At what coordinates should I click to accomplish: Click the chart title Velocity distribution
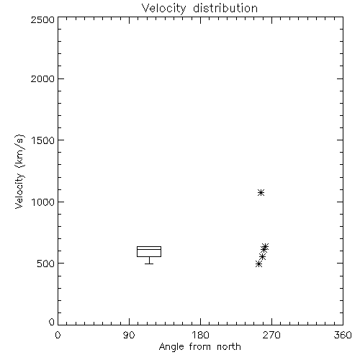(199, 9)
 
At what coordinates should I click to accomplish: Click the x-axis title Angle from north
(199, 347)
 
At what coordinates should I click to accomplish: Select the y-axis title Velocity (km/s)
(19, 171)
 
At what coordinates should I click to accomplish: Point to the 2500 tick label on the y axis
(42, 19)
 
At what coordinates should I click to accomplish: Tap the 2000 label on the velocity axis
(42, 78)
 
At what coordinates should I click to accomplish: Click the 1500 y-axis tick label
(43, 140)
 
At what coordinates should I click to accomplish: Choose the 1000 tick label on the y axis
(43, 202)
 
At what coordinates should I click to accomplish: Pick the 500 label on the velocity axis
(46, 264)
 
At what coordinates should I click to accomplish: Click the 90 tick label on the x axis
(129, 335)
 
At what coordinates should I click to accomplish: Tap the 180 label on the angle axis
(200, 335)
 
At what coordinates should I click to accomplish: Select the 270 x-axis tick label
(271, 335)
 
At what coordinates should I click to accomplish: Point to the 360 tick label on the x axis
(343, 335)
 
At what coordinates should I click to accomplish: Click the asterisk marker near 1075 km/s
(261, 192)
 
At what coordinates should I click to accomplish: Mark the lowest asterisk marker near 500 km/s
(258, 264)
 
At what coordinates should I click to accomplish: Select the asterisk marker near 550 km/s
(263, 257)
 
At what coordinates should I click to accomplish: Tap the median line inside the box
(149, 249)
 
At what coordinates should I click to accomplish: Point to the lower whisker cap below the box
(149, 264)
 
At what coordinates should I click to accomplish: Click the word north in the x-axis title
(229, 347)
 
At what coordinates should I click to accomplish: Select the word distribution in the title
(225, 8)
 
